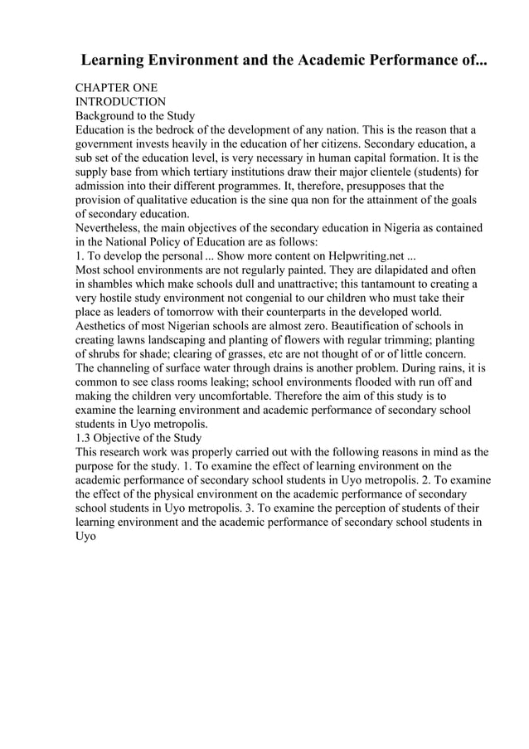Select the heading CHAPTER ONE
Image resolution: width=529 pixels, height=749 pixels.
pyautogui.click(x=116, y=87)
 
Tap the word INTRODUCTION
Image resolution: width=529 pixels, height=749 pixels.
pyautogui.click(x=121, y=101)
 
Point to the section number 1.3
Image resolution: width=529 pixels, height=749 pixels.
pyautogui.click(x=84, y=437)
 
